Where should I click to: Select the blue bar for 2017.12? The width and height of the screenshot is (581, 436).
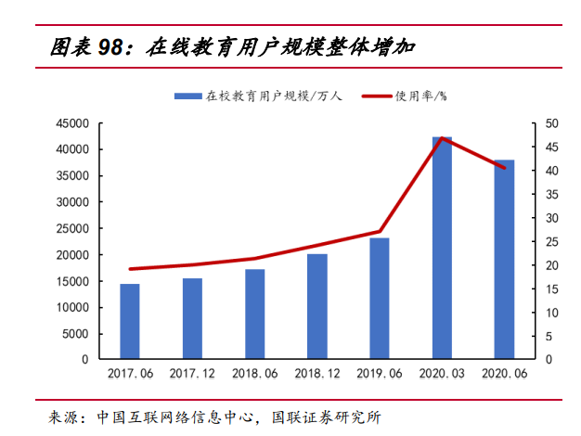[x=192, y=318]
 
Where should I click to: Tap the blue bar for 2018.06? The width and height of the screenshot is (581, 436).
[x=254, y=314]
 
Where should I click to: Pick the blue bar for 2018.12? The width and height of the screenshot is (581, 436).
[x=317, y=306]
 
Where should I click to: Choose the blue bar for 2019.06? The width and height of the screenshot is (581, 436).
[x=380, y=298]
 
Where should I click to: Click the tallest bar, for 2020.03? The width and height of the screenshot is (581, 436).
[x=442, y=248]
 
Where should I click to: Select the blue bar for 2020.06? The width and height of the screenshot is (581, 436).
[x=504, y=259]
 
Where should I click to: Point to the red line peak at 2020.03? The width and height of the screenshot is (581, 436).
[x=442, y=138]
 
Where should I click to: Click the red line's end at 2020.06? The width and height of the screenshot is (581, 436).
[x=504, y=168]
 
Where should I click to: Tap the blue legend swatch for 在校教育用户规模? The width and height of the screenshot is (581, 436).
[x=188, y=96]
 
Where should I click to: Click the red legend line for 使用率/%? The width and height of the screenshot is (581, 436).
[x=376, y=96]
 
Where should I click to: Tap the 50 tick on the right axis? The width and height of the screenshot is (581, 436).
[x=551, y=123]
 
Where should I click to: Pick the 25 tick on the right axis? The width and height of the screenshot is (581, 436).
[x=551, y=241]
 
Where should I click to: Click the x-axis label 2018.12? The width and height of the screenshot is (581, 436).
[x=317, y=374]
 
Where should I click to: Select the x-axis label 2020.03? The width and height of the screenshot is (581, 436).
[x=442, y=374]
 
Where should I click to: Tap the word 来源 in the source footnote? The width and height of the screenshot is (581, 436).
[x=63, y=417]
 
